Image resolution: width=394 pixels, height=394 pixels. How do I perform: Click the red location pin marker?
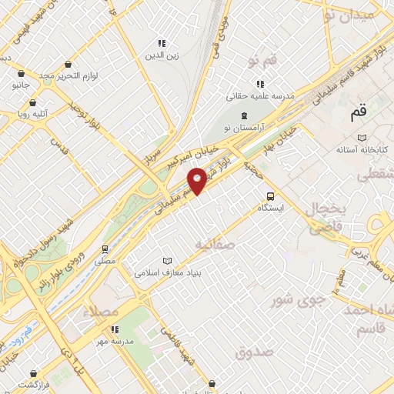pos(198,180)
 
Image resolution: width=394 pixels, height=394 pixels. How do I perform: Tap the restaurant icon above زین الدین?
pos(162,43)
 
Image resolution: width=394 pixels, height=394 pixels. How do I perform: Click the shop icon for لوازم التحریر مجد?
pos(70,65)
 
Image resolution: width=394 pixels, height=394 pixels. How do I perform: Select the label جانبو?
pos(20,85)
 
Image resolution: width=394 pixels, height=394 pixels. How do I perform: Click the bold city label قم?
pos(358,114)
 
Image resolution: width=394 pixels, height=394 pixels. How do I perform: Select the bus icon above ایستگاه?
pos(269,196)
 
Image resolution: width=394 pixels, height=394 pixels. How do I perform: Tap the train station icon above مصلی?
pos(105,249)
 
